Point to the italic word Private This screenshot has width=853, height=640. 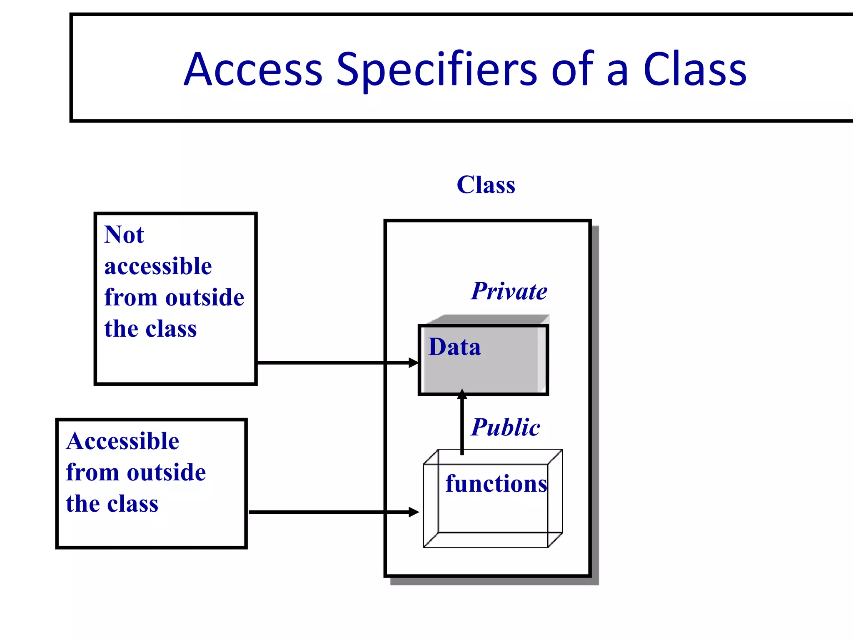(509, 291)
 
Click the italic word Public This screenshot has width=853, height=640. (506, 427)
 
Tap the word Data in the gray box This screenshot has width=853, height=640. (454, 347)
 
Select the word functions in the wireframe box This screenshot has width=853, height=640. (496, 484)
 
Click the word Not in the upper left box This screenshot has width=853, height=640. (124, 235)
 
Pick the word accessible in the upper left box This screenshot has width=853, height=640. (158, 266)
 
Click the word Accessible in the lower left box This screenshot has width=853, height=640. (122, 441)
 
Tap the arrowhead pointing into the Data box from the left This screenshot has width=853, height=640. (413, 363)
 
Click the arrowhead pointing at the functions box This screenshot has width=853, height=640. (414, 512)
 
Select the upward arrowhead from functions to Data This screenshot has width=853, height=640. (462, 394)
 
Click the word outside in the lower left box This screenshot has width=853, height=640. (167, 472)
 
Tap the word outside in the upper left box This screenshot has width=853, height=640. (205, 297)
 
